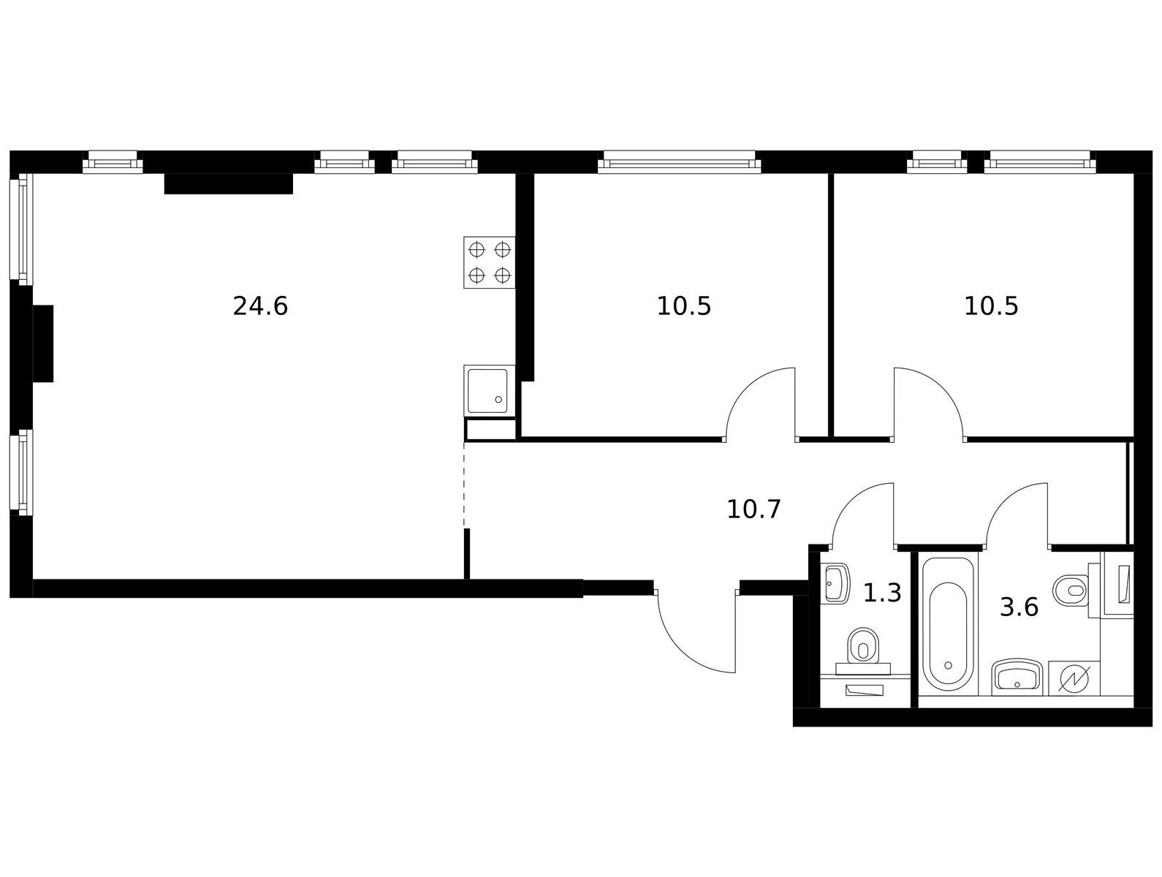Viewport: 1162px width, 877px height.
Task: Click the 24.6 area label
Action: (260, 306)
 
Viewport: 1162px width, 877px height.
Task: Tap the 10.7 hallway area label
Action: (753, 509)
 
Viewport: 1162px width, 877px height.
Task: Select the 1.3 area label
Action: (882, 593)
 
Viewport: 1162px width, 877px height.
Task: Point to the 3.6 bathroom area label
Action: (1019, 607)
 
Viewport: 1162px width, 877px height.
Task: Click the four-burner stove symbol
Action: (489, 262)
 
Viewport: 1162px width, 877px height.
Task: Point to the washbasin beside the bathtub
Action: (1017, 677)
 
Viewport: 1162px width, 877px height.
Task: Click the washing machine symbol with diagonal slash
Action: (1074, 678)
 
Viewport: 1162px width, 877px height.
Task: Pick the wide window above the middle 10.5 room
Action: (679, 162)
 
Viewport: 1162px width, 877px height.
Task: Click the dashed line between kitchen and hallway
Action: (464, 485)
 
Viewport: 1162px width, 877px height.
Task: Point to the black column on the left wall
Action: (43, 343)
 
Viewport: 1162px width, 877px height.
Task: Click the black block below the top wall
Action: (228, 183)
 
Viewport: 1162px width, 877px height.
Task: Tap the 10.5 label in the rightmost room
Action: (991, 306)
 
